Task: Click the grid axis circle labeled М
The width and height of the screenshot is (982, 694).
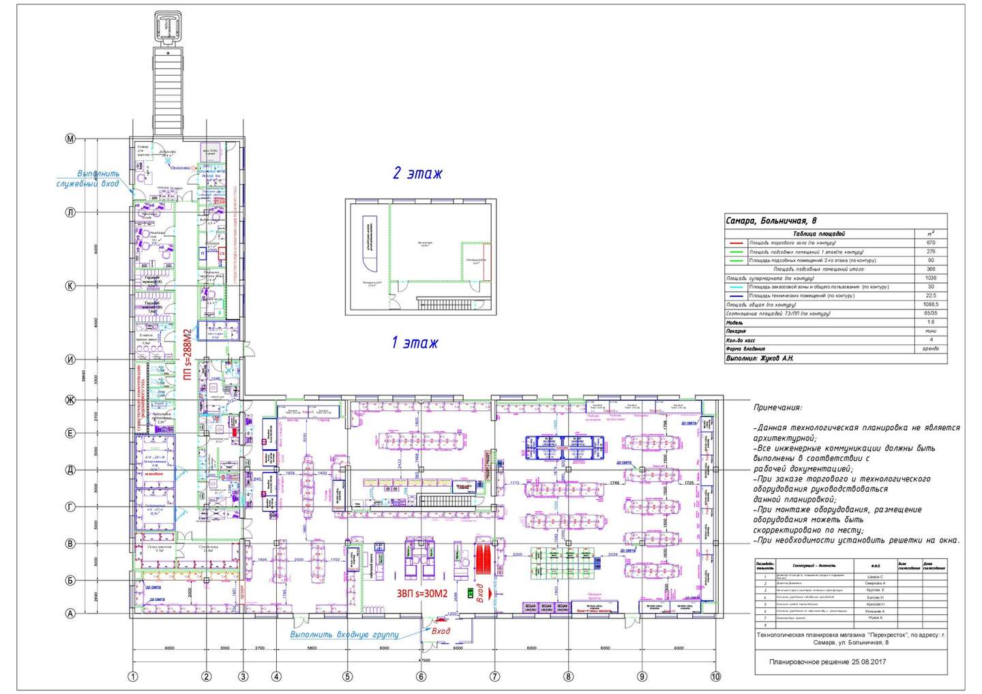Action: pos(70,139)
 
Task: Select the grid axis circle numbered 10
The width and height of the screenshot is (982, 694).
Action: pos(715,676)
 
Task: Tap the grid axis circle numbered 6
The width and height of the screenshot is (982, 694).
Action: pos(421,676)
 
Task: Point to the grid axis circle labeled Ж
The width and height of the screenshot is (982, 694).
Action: pos(70,399)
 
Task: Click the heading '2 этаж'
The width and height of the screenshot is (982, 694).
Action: pos(417,173)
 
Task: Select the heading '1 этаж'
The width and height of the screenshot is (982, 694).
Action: pos(415,342)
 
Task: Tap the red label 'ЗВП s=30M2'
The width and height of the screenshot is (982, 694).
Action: pos(422,593)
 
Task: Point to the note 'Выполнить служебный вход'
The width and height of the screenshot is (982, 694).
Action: pos(88,179)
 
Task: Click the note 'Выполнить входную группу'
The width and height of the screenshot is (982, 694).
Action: pos(344,634)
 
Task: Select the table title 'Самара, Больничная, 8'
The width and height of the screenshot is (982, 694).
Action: pos(771,221)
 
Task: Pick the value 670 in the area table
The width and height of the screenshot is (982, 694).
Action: pos(931,243)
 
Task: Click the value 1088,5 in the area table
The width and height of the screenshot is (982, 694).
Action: pos(931,305)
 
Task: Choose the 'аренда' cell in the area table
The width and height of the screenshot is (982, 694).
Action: pos(931,348)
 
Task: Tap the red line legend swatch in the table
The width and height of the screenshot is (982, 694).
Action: pos(736,243)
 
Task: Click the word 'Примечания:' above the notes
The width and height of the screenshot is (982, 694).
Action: pos(777,408)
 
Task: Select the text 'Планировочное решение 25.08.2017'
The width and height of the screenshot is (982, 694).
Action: pos(827,662)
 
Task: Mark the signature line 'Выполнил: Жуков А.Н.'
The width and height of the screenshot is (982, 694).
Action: pos(760,358)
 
